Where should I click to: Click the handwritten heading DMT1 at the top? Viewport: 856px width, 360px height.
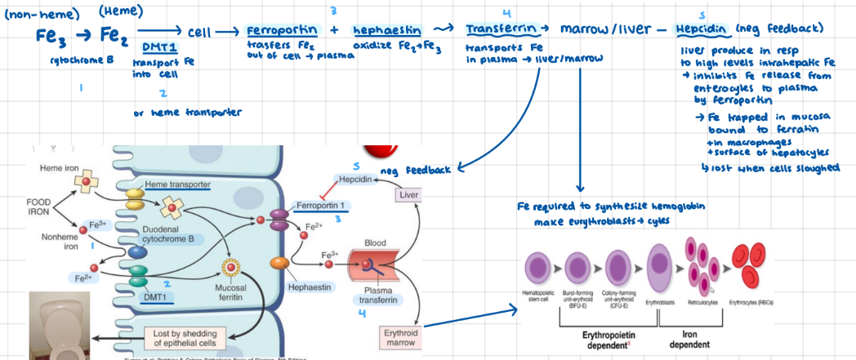click(x=162, y=47)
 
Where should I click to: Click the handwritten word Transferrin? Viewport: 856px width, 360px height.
click(x=501, y=29)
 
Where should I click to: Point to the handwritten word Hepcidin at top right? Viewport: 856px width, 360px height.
click(x=703, y=29)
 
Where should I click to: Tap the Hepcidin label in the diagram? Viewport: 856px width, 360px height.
click(x=354, y=179)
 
